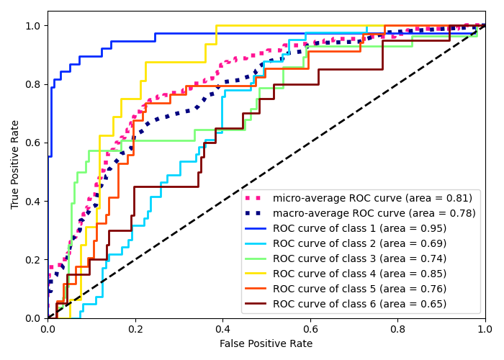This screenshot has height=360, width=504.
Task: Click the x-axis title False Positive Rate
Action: click(x=266, y=344)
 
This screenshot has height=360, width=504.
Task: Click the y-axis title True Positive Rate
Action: click(x=15, y=164)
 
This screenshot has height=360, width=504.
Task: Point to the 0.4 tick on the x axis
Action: click(x=222, y=318)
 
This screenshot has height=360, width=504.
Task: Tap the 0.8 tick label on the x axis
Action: click(x=397, y=328)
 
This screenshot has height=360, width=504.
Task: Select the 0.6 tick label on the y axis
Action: click(x=33, y=143)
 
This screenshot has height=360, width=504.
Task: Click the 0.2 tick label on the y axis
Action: click(x=33, y=259)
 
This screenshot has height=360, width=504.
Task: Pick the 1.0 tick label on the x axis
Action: click(x=485, y=328)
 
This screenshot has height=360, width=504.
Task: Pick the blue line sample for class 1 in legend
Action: click(x=256, y=228)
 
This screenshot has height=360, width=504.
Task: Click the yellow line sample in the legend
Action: click(x=256, y=274)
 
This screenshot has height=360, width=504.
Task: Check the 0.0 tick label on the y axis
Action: click(x=33, y=318)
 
